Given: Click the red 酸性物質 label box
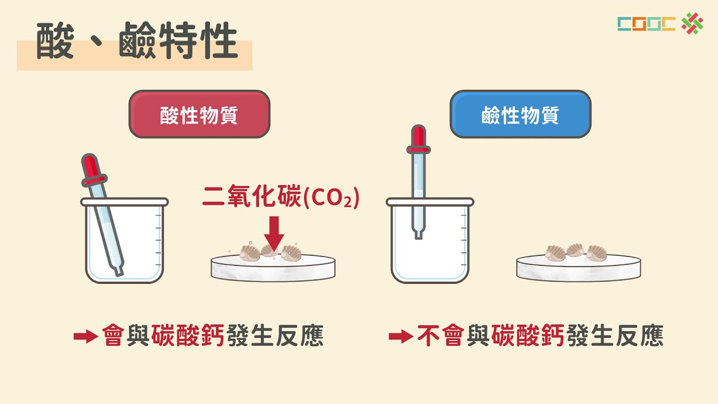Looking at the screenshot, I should (x=199, y=114).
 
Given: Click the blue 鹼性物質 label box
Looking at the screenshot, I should (x=520, y=114).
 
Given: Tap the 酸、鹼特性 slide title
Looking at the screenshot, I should (x=137, y=42).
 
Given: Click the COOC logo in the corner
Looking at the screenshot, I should (x=660, y=23).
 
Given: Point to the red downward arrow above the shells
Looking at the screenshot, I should (x=274, y=233).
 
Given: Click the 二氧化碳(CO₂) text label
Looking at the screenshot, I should (x=280, y=197).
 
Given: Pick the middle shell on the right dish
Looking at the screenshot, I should (x=576, y=250).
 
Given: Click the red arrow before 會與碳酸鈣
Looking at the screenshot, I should (x=85, y=337).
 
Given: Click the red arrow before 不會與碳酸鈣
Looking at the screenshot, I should (x=401, y=337).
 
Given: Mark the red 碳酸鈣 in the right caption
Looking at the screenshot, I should (x=528, y=336).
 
